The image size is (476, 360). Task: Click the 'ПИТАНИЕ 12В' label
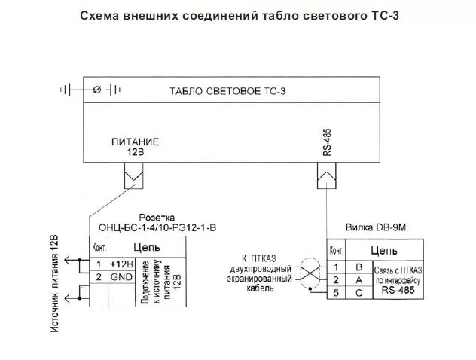(x=136, y=146)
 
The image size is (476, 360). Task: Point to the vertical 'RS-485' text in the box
(x=327, y=141)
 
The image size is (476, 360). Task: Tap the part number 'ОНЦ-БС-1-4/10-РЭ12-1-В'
(x=157, y=227)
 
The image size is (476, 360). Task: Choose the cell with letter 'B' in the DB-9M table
(x=359, y=267)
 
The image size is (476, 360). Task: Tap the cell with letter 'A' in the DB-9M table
(x=359, y=280)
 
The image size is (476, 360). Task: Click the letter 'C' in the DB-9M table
(x=359, y=293)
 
